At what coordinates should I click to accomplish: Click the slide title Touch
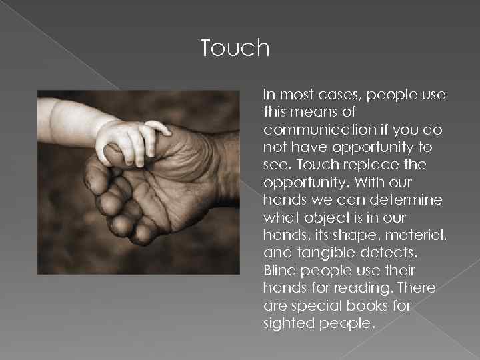(x=235, y=48)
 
